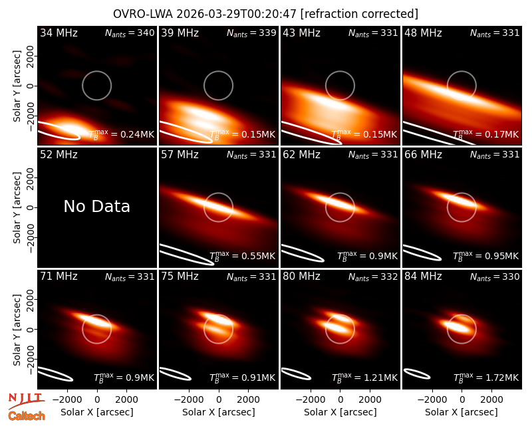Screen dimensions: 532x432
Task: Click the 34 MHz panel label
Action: coord(59,33)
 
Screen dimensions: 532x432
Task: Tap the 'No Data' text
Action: coord(96,206)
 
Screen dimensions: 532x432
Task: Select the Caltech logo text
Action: coord(27,416)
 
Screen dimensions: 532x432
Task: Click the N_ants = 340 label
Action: coord(130,33)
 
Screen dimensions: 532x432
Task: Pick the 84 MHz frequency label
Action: coord(423,276)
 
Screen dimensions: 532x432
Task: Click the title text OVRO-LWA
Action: coord(143,14)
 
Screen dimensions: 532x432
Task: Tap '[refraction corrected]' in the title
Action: coord(359,14)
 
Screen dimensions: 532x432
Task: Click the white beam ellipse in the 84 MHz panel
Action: coord(417,374)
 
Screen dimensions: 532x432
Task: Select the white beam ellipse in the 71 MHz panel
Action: coord(55,374)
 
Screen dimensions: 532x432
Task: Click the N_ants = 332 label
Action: coord(373,276)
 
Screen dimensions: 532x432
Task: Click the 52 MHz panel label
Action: coord(59,155)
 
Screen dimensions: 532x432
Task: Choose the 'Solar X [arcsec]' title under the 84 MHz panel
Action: coord(462,412)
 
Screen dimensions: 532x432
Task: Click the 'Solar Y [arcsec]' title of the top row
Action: coord(17,86)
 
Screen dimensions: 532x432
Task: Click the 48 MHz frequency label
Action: coord(423,33)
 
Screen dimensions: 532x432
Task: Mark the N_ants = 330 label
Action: coord(495,276)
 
